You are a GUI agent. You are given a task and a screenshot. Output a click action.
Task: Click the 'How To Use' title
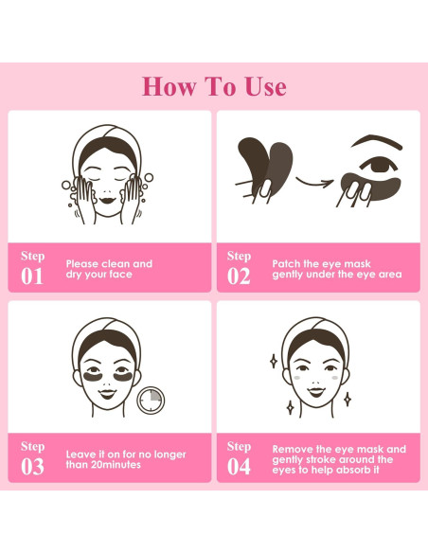[214, 86]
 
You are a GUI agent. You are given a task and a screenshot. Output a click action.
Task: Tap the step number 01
[32, 276]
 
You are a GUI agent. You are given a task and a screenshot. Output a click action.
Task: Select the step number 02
[239, 276]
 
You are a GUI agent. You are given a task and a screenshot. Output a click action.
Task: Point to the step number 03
[32, 467]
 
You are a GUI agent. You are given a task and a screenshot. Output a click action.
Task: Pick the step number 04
[239, 467]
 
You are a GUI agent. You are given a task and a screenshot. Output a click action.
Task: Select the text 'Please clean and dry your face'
[108, 269]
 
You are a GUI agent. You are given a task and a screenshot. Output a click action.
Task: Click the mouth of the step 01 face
[107, 200]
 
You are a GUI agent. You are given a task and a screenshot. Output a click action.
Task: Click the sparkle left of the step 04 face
[274, 360]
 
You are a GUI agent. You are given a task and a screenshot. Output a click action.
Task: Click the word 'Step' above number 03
[33, 446]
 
